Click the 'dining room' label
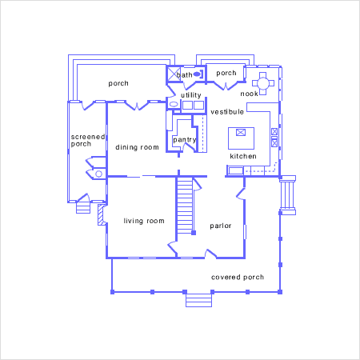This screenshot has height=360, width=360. coord(137,147)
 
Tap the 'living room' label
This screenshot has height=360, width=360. coord(144,221)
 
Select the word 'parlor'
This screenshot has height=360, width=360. coord(221,226)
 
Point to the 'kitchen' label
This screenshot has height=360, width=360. coord(243,156)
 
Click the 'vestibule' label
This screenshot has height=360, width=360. coord(227,112)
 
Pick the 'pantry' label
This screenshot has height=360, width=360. coord(185,140)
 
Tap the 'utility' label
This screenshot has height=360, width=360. coord(191,95)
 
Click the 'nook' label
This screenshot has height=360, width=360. coord(249,94)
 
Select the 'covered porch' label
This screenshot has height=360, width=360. coord(238,278)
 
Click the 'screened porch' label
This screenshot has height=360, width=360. coord(88,140)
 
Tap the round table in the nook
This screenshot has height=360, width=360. coord(263,83)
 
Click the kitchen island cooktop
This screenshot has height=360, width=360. coord(241,132)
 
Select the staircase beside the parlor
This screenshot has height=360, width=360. coord(185,206)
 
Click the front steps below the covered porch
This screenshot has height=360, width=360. coord(198,300)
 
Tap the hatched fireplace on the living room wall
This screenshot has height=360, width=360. coord(101,215)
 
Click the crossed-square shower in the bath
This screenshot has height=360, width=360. coord(174,74)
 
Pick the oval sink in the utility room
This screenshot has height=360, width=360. coord(174,104)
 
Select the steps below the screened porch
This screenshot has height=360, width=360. coord(83,208)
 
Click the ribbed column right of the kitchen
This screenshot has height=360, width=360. coord(287,195)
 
